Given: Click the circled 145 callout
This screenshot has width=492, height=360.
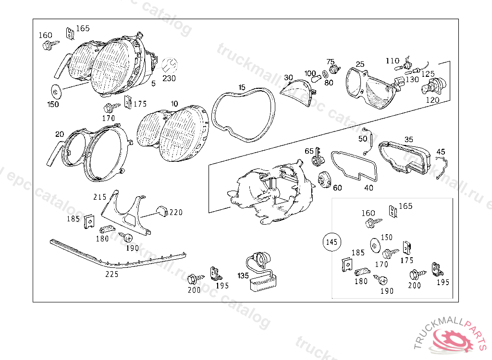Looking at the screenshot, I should pyautogui.click(x=332, y=242).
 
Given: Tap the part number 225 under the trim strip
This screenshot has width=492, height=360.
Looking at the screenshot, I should pyautogui.click(x=112, y=275).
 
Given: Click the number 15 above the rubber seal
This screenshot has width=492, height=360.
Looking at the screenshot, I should pyautogui.click(x=242, y=87).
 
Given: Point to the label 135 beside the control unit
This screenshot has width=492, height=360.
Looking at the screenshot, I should pyautogui.click(x=243, y=276).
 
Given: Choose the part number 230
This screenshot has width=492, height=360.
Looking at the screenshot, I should pyautogui.click(x=169, y=78).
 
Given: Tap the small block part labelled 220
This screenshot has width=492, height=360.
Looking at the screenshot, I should pyautogui.click(x=162, y=210).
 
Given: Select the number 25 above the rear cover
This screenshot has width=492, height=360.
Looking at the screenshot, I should pyautogui.click(x=360, y=64).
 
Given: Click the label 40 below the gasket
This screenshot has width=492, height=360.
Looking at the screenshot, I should pyautogui.click(x=369, y=188).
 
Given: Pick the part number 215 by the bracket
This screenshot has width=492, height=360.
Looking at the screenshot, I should pyautogui.click(x=99, y=197).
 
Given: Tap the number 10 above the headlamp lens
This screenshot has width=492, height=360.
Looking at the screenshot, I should pyautogui.click(x=174, y=104).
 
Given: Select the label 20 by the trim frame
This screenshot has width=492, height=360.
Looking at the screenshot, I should pyautogui.click(x=59, y=134).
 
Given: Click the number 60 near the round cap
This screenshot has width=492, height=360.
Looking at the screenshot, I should pyautogui.click(x=337, y=188).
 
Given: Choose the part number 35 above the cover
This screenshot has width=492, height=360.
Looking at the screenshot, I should pyautogui.click(x=408, y=140).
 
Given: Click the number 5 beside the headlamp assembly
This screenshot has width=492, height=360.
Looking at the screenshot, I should pyautogui.click(x=153, y=84).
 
